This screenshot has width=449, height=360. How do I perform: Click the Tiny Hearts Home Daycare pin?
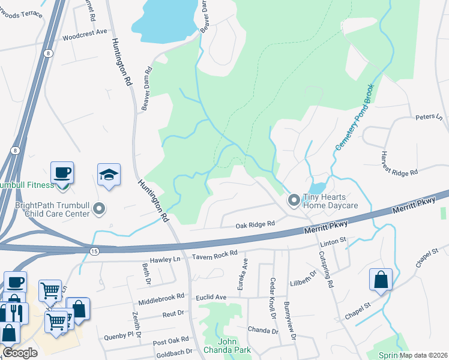pos(294,199)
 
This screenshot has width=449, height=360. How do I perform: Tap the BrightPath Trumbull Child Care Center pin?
pos(100,209)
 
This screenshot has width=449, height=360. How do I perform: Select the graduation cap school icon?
pos(109,175)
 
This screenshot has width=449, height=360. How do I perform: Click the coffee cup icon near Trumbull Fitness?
pos(62,173)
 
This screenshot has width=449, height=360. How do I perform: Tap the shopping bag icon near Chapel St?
pos(381,280)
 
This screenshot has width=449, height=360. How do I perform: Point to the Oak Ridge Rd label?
pos(255,224)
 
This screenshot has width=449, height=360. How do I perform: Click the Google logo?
pos(20,353)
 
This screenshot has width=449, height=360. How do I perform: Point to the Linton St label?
pos(334,240)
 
